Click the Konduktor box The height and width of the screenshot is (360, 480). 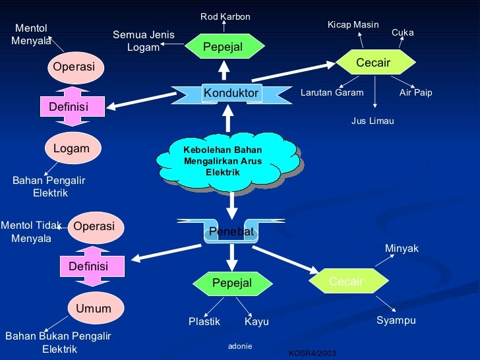(230, 94)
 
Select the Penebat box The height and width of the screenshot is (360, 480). (231, 231)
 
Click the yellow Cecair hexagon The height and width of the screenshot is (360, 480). (373, 63)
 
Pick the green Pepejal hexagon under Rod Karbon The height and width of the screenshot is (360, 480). (223, 46)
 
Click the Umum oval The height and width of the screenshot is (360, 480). (93, 309)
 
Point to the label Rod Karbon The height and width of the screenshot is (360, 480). (225, 16)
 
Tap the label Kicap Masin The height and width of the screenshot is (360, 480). (353, 25)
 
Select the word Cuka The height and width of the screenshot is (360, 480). (402, 32)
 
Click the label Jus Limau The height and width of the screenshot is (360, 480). (372, 121)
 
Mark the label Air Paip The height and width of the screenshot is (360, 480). (415, 93)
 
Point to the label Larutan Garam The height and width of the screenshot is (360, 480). (332, 93)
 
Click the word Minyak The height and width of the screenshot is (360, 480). (402, 248)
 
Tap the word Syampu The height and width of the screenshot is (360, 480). (396, 320)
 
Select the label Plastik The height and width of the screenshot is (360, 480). (204, 322)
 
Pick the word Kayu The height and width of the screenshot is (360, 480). (256, 322)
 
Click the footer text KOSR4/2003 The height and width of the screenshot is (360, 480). (312, 354)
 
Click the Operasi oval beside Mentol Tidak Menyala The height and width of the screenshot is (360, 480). (94, 226)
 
